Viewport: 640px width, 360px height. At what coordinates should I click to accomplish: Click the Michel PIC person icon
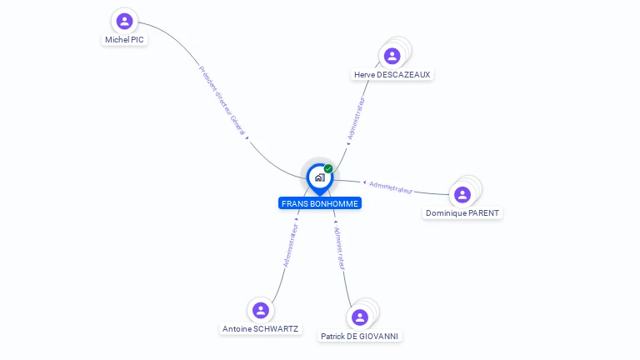click(124, 21)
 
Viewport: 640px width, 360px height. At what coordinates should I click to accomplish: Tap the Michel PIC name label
click(124, 39)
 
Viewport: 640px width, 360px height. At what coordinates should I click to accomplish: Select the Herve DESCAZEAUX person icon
click(392, 56)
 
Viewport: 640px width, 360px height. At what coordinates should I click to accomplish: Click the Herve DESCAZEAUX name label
click(392, 74)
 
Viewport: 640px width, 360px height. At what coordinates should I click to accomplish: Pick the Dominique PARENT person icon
click(462, 194)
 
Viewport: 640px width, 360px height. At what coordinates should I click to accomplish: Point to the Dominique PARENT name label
click(462, 213)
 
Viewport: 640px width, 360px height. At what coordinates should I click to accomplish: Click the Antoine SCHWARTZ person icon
click(261, 310)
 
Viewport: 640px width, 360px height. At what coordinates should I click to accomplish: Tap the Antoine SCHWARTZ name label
click(260, 329)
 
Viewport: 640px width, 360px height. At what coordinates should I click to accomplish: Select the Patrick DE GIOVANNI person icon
click(359, 317)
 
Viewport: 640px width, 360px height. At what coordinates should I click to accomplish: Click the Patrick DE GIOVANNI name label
click(359, 337)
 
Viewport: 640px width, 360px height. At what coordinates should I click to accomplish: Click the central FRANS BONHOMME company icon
click(319, 177)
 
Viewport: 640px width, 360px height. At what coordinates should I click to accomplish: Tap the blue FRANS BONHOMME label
click(320, 203)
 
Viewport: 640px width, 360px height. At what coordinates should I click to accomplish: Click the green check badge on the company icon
click(328, 169)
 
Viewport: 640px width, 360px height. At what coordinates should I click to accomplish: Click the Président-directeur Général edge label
click(222, 101)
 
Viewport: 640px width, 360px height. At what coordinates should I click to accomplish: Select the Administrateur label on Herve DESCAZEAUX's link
click(356, 117)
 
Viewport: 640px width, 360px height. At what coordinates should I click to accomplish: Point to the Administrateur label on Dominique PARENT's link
click(391, 187)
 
